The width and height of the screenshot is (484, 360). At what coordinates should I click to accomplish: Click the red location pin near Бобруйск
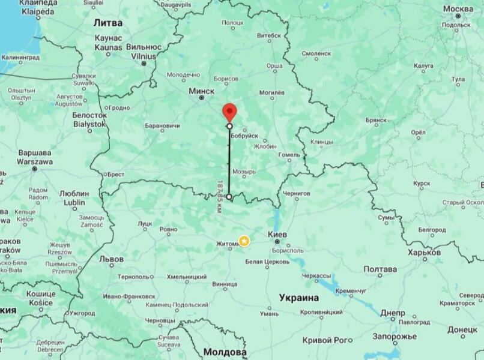pyautogui.click(x=229, y=112)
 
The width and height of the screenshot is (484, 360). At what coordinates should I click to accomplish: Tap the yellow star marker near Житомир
pyautogui.click(x=244, y=241)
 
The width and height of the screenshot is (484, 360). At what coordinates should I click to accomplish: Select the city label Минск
pyautogui.click(x=201, y=91)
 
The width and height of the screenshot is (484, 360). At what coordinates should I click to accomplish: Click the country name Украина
pyautogui.click(x=298, y=298)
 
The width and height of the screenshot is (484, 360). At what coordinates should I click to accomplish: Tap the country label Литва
pyautogui.click(x=108, y=22)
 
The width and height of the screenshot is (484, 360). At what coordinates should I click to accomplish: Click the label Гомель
pyautogui.click(x=288, y=155)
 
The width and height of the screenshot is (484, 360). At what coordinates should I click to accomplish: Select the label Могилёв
pyautogui.click(x=271, y=92)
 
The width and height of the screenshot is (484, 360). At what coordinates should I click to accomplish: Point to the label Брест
pyautogui.click(x=115, y=174)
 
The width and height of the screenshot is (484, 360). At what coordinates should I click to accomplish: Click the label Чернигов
pyautogui.click(x=296, y=194)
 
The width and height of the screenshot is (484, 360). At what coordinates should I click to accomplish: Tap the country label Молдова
pyautogui.click(x=225, y=352)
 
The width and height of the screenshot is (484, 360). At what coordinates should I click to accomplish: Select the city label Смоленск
pyautogui.click(x=316, y=53)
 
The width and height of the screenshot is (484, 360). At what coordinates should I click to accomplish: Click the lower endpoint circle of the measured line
pyautogui.click(x=229, y=196)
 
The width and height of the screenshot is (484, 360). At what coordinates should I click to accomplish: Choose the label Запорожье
pyautogui.click(x=396, y=336)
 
